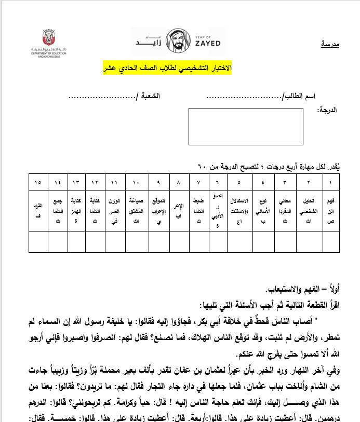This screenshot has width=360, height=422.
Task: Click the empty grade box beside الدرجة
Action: click(x=246, y=126)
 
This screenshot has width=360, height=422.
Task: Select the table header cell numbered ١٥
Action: click(x=38, y=183)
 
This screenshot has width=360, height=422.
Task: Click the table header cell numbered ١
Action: click(x=330, y=183)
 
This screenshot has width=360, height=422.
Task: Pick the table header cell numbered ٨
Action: click(x=179, y=183)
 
